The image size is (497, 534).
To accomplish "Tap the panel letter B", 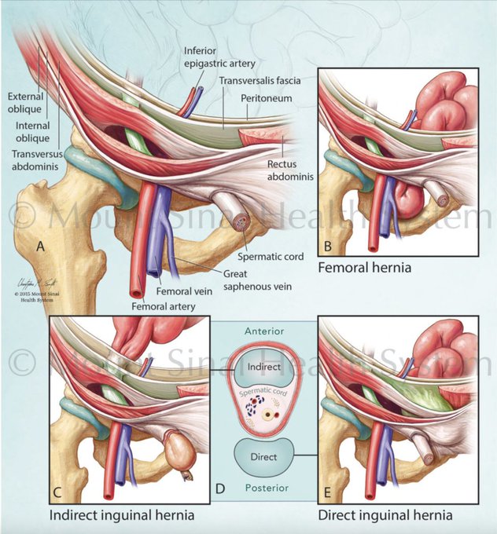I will (x=328, y=246).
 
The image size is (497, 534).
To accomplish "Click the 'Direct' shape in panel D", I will (x=260, y=455).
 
